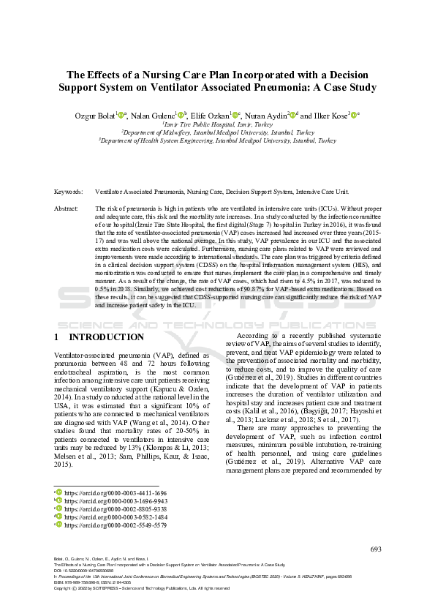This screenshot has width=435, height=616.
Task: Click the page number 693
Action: click(x=376, y=549)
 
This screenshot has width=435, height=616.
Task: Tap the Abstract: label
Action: click(x=67, y=209)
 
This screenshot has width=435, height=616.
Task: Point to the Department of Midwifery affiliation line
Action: click(x=217, y=132)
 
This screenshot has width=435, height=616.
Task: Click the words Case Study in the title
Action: click(x=344, y=87)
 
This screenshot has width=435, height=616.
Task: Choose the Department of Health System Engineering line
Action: click(x=217, y=140)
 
